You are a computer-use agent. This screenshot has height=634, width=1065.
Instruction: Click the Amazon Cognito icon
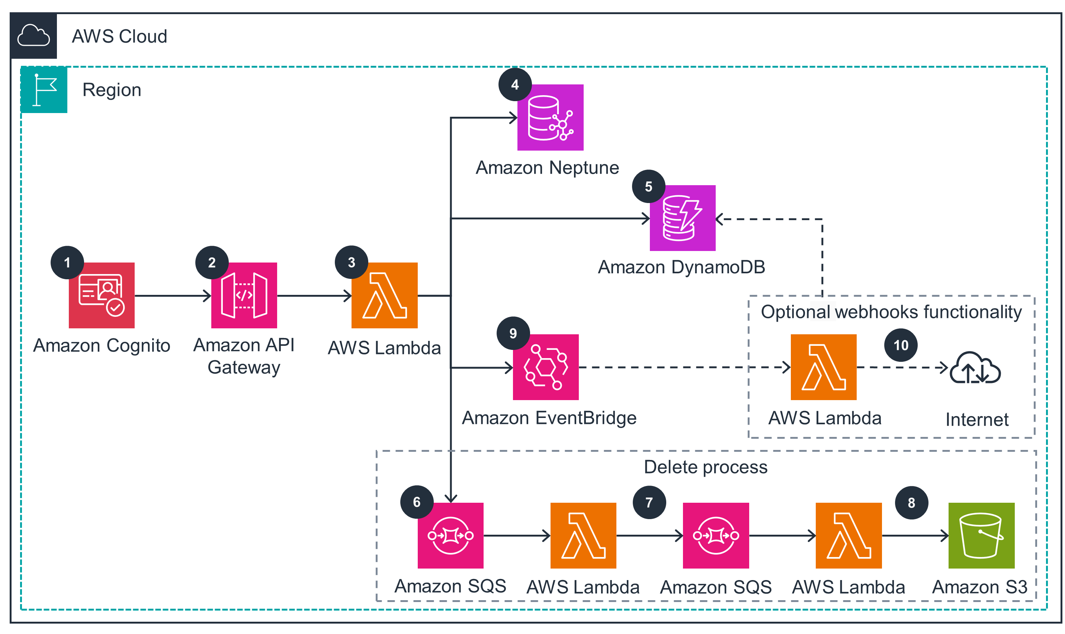(x=102, y=295)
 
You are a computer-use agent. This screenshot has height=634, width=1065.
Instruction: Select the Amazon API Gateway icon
(x=244, y=295)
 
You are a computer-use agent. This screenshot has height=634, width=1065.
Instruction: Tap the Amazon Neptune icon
(x=550, y=117)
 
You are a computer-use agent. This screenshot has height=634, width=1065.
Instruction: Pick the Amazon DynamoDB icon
(x=682, y=218)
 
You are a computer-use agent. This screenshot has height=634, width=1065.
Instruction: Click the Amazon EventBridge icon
(x=545, y=367)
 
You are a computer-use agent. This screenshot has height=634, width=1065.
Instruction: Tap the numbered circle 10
(x=901, y=345)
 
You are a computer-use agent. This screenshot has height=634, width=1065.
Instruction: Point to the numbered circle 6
(x=417, y=502)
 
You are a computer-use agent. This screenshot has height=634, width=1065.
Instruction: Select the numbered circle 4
(x=514, y=84)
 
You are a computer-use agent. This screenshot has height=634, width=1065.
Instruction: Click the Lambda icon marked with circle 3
(x=384, y=295)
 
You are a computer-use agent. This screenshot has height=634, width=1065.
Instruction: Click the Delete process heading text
(x=705, y=467)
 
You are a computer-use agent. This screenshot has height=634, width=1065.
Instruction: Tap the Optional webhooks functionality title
(x=891, y=312)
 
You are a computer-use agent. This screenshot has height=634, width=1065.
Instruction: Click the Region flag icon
(x=44, y=90)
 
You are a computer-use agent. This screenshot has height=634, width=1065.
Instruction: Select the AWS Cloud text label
(x=119, y=36)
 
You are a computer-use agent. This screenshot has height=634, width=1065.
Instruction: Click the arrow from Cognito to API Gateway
(x=173, y=295)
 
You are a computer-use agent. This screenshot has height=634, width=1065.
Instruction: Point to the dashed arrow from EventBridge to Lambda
(x=684, y=367)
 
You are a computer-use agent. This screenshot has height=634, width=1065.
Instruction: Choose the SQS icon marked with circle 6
(x=450, y=535)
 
